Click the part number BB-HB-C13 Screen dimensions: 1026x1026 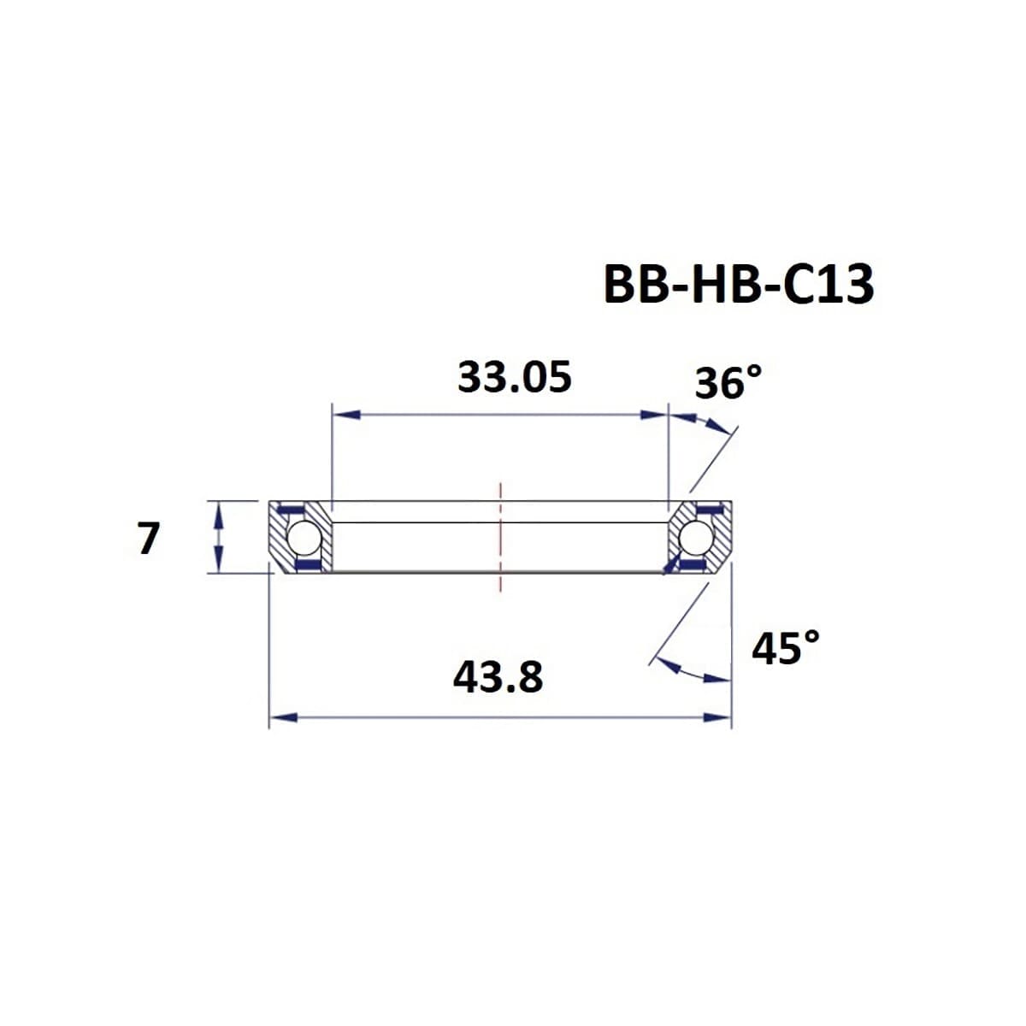coord(739,285)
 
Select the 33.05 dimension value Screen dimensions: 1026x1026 coord(514,377)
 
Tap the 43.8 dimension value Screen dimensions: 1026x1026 coord(498,678)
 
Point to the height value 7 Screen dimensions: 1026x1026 coord(148,539)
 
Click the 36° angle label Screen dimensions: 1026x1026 coord(727,382)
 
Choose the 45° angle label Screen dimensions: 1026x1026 coord(785,648)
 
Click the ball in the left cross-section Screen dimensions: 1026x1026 coord(303,539)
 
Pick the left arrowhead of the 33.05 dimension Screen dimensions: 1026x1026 coord(344,415)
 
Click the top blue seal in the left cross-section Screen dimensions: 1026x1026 coord(293,510)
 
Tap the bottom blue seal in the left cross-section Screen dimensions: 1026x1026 coord(306,566)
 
